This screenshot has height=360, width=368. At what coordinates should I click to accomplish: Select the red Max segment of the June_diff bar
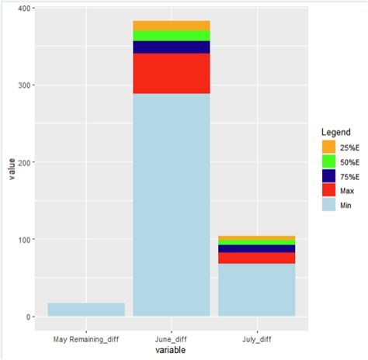coord(172,73)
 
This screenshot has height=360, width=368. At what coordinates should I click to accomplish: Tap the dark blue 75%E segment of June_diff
coord(172,47)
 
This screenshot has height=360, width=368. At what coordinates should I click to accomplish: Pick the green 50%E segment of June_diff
coord(172,36)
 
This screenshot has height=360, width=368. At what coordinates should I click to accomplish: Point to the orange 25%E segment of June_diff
coord(172,26)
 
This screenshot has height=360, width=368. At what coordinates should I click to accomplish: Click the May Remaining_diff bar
coord(86,310)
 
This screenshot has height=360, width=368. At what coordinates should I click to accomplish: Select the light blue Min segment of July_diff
coord(256,289)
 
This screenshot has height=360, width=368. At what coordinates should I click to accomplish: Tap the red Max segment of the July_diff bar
coord(256,258)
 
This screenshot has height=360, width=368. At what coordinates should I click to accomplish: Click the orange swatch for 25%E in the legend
coord(329,147)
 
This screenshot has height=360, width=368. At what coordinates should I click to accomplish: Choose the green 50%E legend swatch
coord(329,161)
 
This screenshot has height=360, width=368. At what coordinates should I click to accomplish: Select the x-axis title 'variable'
coord(172,351)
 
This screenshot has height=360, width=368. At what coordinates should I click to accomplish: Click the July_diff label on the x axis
coord(256,339)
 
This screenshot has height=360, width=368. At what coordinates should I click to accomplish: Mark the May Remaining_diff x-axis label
coord(86,339)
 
